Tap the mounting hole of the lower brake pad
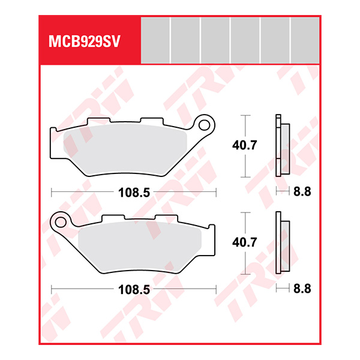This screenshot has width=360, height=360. tap(60, 222)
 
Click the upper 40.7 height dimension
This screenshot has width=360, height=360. tap(245, 145)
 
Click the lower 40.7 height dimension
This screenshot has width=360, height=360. tap(245, 243)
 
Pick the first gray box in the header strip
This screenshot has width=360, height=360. tap(155, 40)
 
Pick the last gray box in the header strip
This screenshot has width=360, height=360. tap(305, 40)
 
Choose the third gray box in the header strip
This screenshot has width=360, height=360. tap(215, 40)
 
